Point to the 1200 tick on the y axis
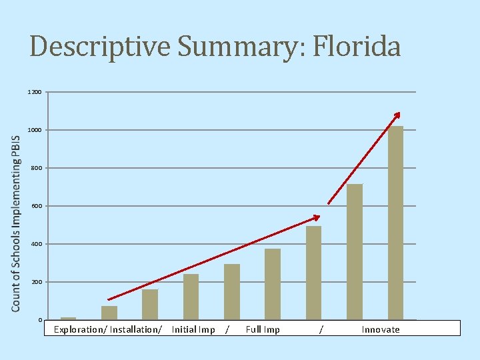pos(35,92)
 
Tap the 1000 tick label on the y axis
pos(35,130)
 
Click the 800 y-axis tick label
pos(36,168)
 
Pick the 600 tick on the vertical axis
pos(36,206)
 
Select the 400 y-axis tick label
pos(36,244)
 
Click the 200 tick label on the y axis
pos(36,282)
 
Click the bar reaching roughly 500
pos(313,273)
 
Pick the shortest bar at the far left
pos(68,318)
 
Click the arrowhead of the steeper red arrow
pos(397,115)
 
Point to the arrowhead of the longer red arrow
pos(317,217)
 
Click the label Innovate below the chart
pos(381,329)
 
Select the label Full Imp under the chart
pos(263,329)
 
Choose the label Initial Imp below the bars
pos(193,329)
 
